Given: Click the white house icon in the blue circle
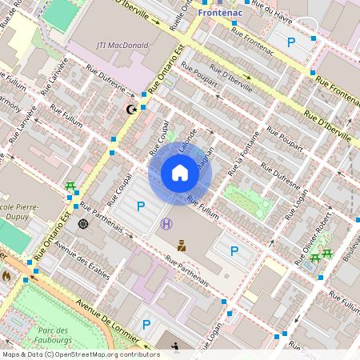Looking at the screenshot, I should (180, 173).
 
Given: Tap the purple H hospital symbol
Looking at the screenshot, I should (166, 224).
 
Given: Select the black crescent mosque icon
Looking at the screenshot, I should (131, 108).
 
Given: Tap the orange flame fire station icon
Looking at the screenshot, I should (7, 276).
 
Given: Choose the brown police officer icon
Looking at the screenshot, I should (182, 246).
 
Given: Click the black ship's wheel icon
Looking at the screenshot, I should (82, 223).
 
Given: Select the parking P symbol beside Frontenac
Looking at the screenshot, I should (291, 42).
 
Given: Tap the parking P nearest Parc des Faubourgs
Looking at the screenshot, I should (146, 324).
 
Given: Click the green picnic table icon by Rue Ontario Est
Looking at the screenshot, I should (70, 186).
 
